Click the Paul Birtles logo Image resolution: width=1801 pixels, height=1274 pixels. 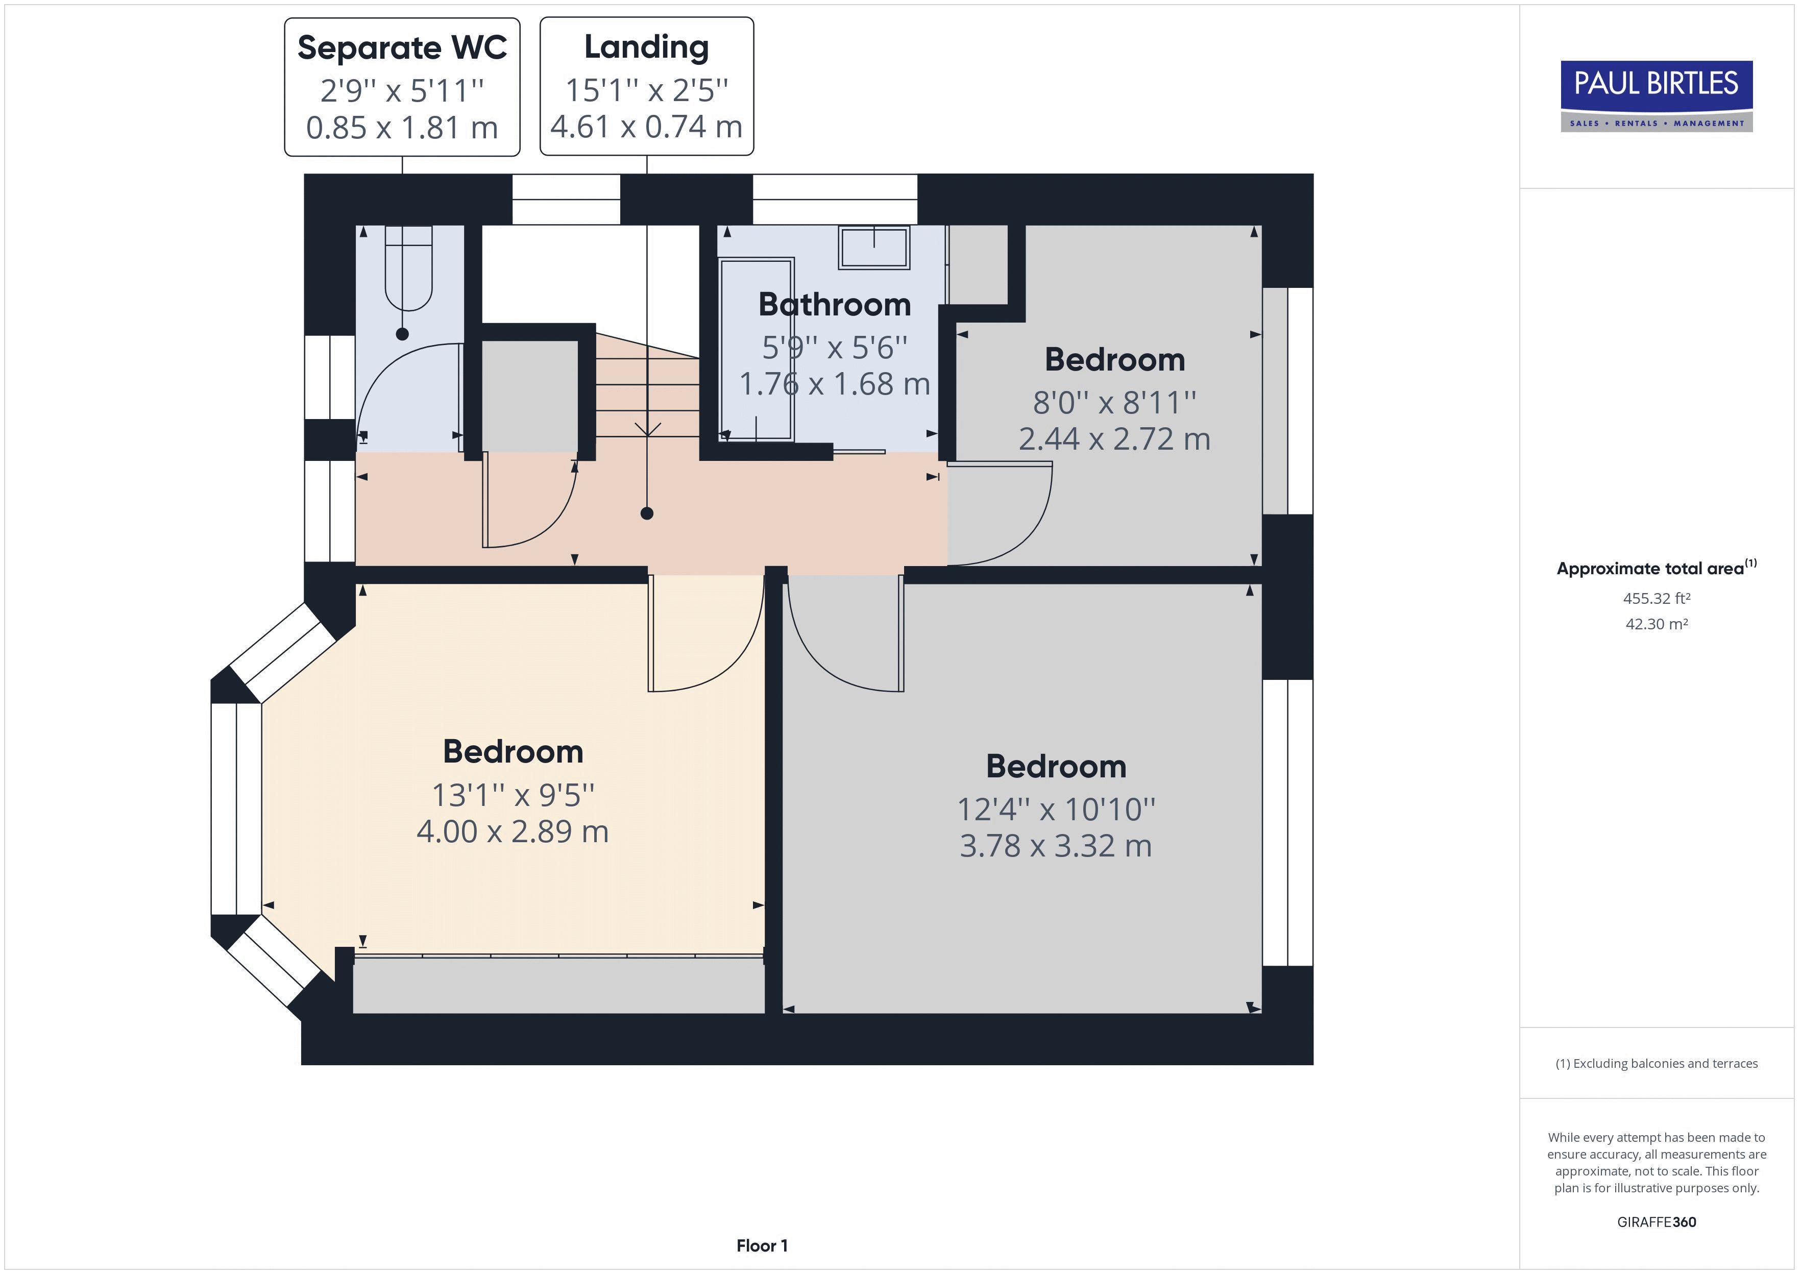tap(1656, 96)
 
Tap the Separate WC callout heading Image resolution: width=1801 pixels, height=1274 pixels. tap(402, 48)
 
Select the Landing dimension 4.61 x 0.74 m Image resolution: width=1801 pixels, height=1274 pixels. tap(646, 126)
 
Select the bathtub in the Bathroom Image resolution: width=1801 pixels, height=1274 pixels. tap(756, 349)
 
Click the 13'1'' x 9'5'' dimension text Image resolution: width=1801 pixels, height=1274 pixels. tap(513, 795)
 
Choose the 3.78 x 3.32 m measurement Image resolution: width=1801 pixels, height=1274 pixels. tap(1055, 846)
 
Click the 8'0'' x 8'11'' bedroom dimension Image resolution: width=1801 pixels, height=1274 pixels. tap(1114, 402)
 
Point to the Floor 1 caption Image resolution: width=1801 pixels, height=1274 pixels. tap(762, 1245)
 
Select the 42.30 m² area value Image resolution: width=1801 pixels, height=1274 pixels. tap(1656, 624)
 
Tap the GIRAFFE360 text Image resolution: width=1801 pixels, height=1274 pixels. tap(1656, 1221)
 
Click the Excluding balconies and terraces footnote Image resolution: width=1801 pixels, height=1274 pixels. tap(1656, 1064)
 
